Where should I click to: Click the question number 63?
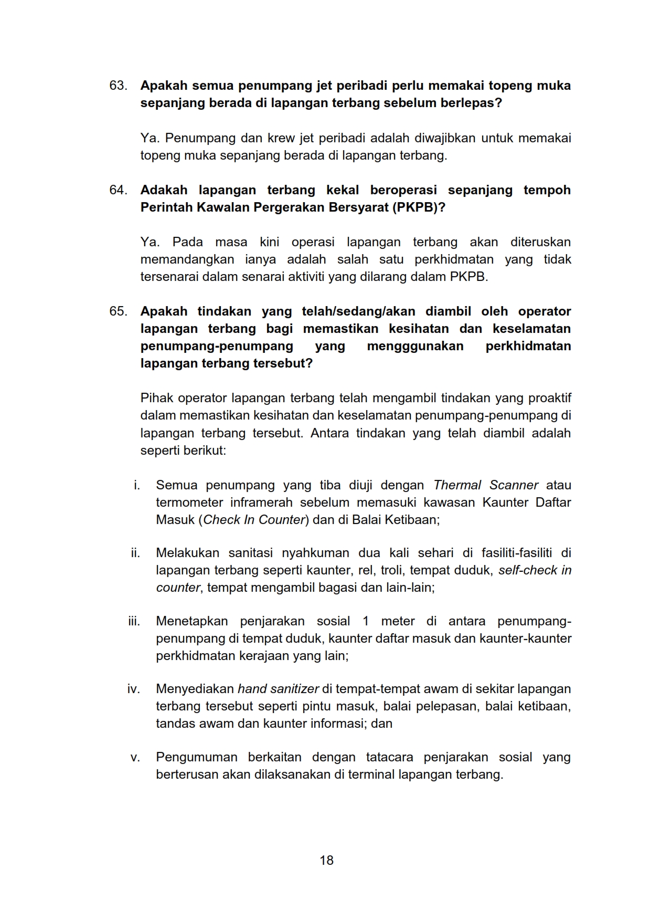click(x=118, y=86)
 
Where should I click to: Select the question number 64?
click(x=118, y=190)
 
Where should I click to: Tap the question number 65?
click(x=118, y=311)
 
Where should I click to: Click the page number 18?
click(x=326, y=860)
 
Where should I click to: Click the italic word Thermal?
click(x=457, y=485)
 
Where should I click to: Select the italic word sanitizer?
click(x=296, y=689)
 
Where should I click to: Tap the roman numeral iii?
click(x=134, y=621)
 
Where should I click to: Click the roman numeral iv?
click(x=133, y=689)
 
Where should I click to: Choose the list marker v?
click(x=135, y=757)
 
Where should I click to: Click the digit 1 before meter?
click(x=366, y=621)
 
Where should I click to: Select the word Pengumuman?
click(x=196, y=757)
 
